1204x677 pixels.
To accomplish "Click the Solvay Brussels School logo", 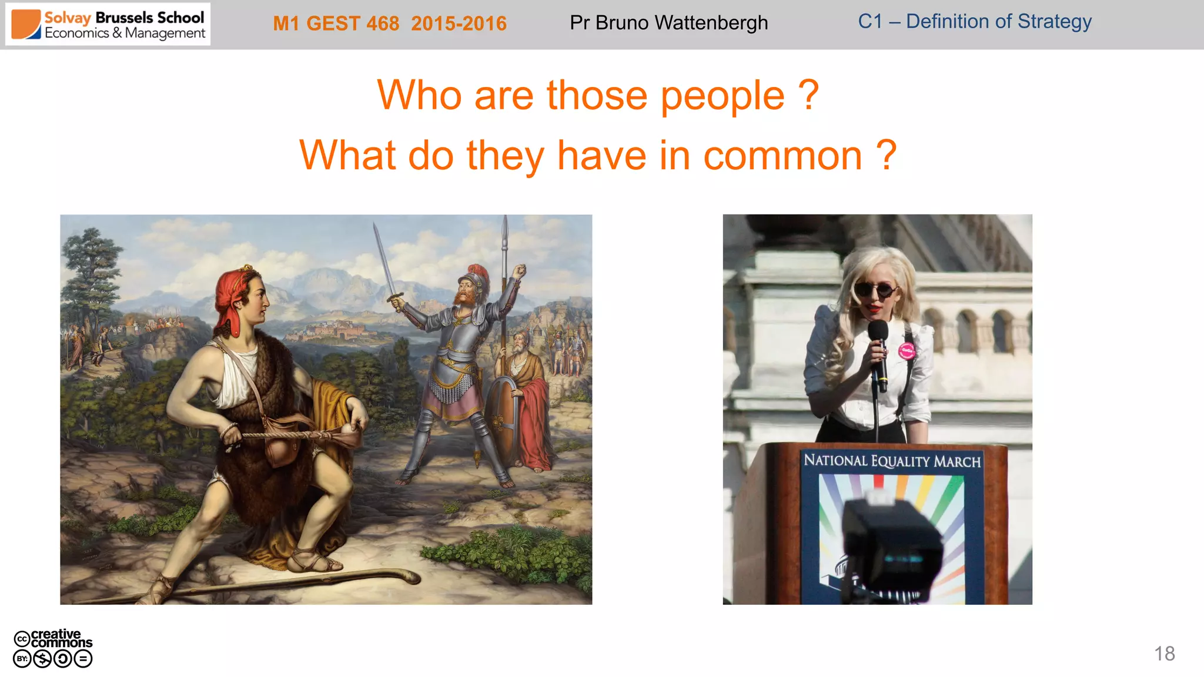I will click(108, 25).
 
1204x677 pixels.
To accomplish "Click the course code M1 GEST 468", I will click(336, 24).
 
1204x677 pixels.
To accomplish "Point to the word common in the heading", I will click(782, 156).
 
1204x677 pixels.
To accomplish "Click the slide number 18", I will click(1164, 653).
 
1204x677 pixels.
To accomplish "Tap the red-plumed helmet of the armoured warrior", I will click(475, 276).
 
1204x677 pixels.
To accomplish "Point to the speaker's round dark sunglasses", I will click(875, 290).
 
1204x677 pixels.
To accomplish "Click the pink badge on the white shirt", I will click(906, 351).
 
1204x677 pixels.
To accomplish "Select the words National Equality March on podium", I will click(892, 461).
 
